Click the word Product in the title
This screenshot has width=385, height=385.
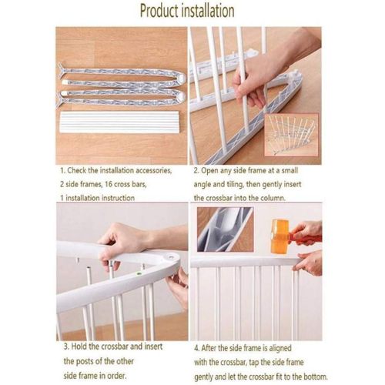[159, 11]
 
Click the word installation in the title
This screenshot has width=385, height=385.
[208, 11]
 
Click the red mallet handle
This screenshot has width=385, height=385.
[306, 239]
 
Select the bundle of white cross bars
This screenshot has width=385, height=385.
[119, 122]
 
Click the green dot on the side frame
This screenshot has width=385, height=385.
[139, 273]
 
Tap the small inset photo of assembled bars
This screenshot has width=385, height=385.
[291, 135]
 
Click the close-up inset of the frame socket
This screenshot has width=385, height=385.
[226, 229]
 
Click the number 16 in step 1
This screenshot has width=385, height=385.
[109, 184]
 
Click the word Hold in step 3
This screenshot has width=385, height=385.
[79, 346]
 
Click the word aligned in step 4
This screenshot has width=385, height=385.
[280, 348]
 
